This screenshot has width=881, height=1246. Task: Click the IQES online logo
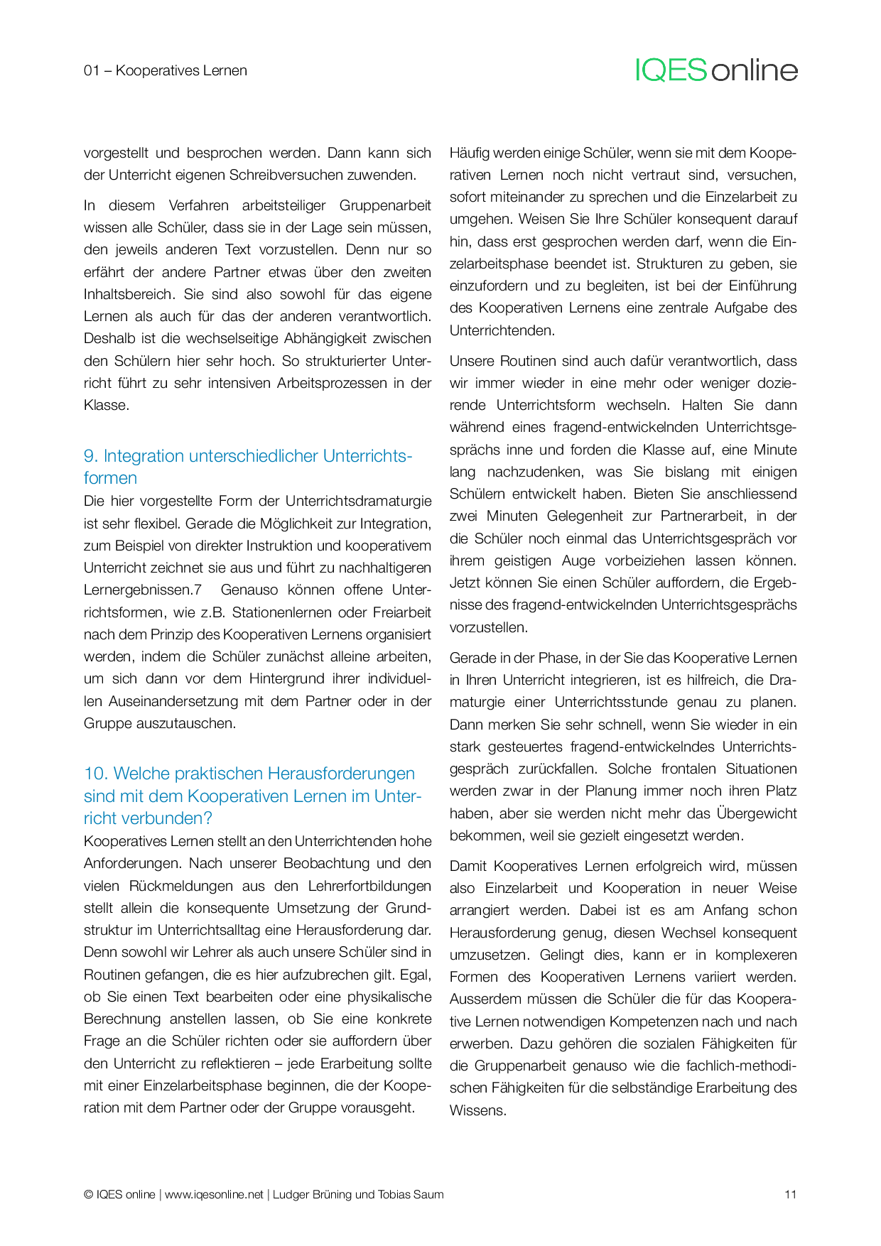tap(716, 70)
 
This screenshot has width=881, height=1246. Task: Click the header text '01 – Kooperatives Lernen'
tap(166, 70)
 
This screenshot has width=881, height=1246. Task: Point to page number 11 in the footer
tap(790, 1194)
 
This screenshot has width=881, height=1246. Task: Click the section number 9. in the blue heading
tap(91, 456)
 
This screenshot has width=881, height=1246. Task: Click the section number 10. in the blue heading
tap(96, 774)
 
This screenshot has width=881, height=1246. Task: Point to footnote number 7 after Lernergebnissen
tap(198, 590)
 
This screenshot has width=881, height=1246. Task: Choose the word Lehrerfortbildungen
tap(369, 886)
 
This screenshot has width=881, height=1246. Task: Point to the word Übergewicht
tap(757, 813)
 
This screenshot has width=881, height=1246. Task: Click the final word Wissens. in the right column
tap(477, 1111)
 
